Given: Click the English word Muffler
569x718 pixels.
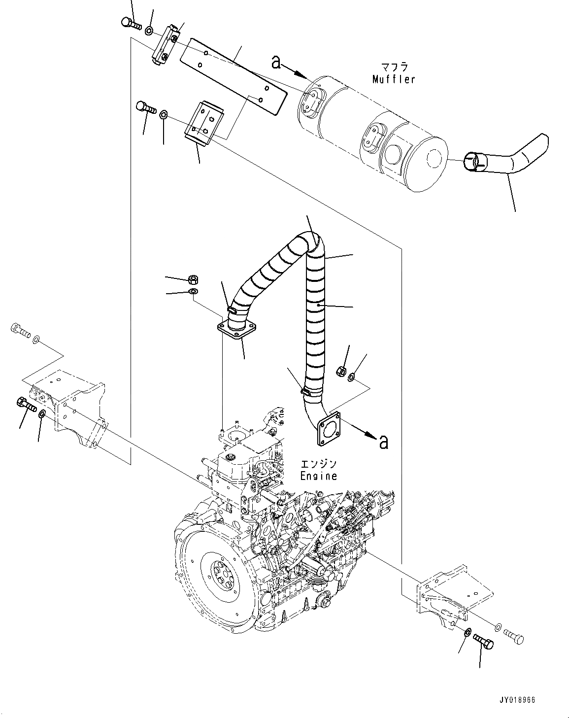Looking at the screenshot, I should click(x=394, y=79).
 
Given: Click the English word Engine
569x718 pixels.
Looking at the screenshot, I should click(x=319, y=476).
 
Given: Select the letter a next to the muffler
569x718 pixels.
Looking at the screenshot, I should click(x=276, y=62).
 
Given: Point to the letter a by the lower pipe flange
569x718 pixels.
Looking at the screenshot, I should click(x=384, y=442).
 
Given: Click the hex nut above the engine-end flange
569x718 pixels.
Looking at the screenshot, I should click(x=192, y=280).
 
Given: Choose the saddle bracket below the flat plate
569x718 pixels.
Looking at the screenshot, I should click(x=204, y=123).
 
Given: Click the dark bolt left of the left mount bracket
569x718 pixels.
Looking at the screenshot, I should click(x=26, y=404).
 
